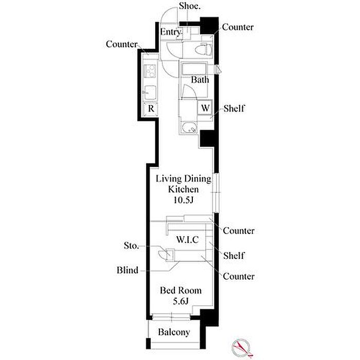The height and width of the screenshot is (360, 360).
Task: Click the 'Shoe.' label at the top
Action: [x=190, y=6]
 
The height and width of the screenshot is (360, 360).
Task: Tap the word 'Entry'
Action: [x=171, y=32]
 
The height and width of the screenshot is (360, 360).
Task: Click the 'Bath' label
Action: [x=200, y=80]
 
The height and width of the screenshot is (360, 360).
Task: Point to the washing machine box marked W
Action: [x=205, y=107]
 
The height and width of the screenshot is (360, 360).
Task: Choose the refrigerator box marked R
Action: [x=151, y=109]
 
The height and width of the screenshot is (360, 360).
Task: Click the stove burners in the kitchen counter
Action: [x=150, y=71]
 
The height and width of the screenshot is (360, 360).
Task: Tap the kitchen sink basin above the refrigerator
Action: [x=150, y=93]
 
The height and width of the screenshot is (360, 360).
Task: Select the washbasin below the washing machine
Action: [x=189, y=127]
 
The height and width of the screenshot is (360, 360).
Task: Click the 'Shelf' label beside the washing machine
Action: [x=233, y=109]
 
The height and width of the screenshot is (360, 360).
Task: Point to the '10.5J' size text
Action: [x=183, y=200]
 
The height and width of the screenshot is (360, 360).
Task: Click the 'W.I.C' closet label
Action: [x=187, y=240]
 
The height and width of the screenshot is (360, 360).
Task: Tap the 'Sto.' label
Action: [x=132, y=246]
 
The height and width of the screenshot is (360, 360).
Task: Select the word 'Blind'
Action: [x=128, y=270]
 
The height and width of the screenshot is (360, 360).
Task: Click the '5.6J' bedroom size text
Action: [x=181, y=301]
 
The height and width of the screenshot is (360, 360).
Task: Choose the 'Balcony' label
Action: [x=174, y=332]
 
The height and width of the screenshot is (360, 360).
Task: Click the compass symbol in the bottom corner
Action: [x=242, y=347]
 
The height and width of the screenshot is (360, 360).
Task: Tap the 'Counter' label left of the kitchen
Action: [x=121, y=44]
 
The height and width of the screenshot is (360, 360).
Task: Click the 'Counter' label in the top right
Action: [x=238, y=27]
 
